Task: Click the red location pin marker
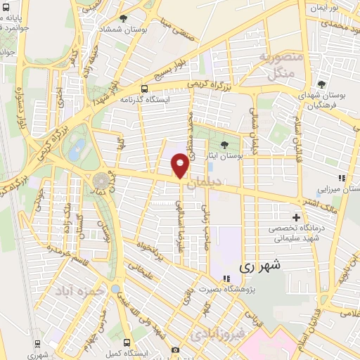[x=180, y=165]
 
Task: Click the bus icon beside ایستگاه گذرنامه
[x=144, y=89]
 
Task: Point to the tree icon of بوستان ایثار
[x=224, y=146]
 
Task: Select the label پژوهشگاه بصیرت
[x=245, y=289]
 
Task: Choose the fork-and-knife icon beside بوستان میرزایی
[x=342, y=178]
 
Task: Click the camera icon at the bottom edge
[x=175, y=349]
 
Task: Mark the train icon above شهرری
[x=37, y=345]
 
